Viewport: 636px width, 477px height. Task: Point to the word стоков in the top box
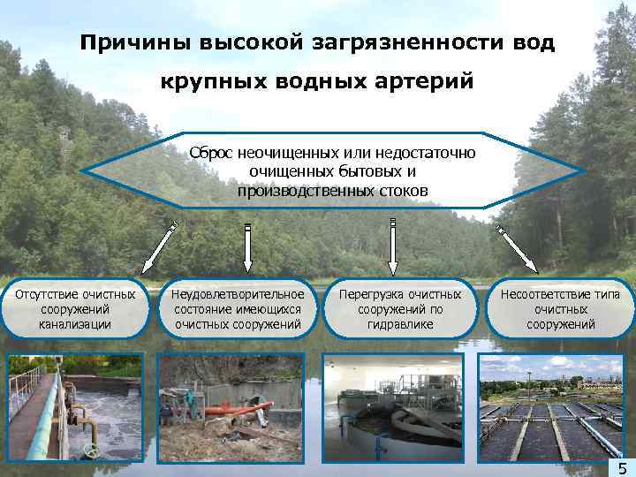coord(399,190)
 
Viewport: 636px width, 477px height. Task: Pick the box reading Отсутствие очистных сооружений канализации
coord(74,309)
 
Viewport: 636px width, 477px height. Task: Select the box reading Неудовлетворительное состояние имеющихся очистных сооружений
coord(238,309)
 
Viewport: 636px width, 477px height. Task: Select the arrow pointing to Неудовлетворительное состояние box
coord(247,246)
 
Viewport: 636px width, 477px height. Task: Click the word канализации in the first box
coord(74,324)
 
